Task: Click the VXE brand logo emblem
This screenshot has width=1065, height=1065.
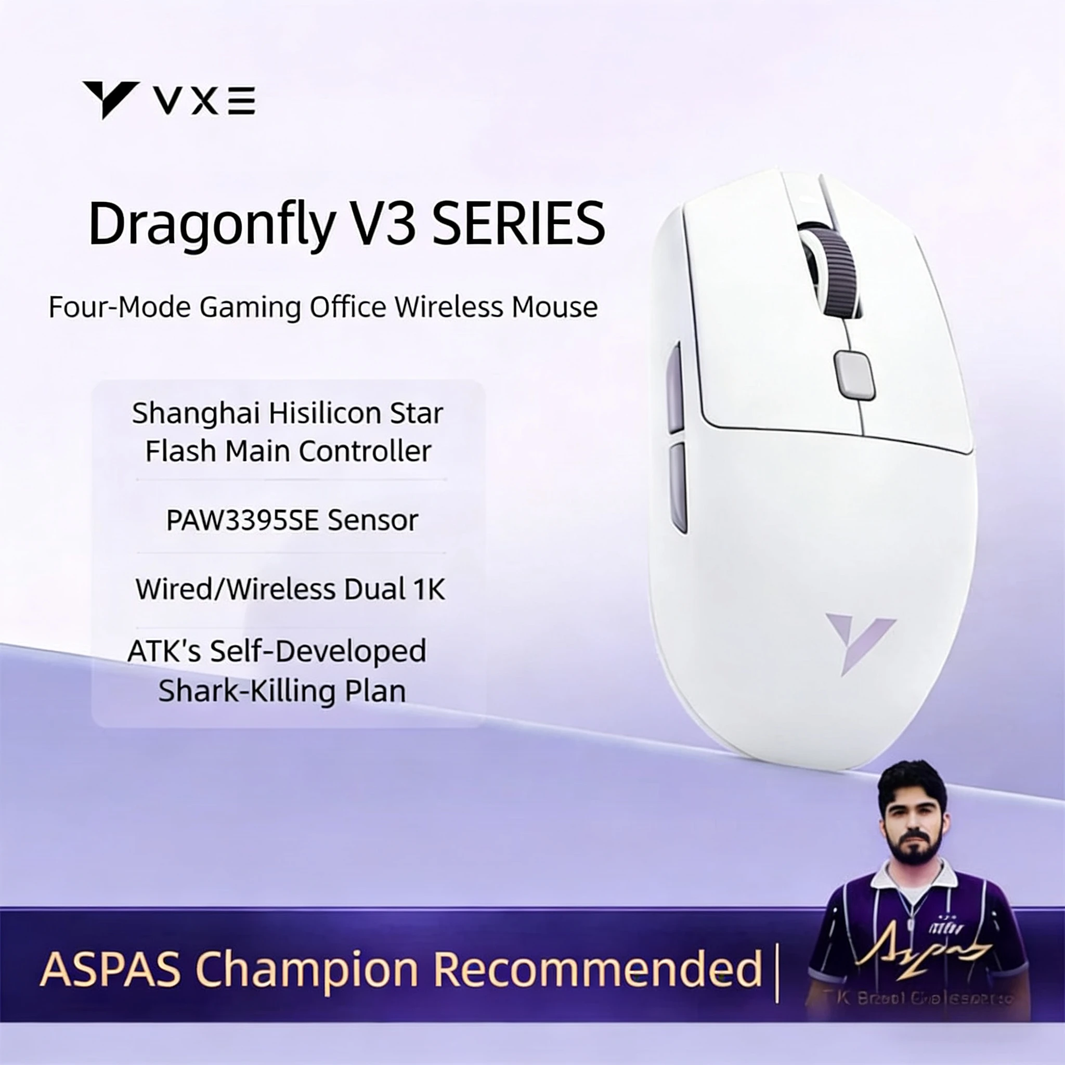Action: [110, 99]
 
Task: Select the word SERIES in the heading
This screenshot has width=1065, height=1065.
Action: [518, 224]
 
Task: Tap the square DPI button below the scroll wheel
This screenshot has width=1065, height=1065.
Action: [854, 374]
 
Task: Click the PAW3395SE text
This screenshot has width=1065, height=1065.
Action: [242, 521]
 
